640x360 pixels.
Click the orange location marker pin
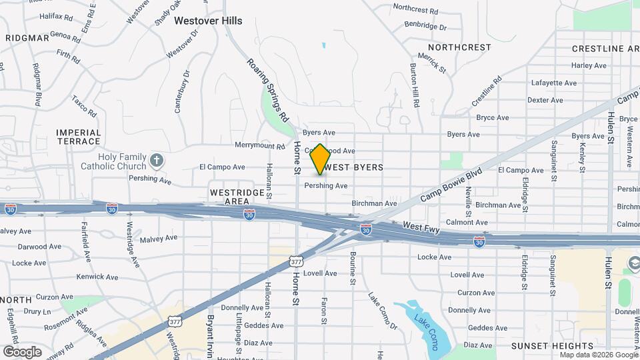click(320, 159)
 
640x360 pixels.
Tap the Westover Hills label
click(208, 21)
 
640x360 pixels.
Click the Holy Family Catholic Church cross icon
click(156, 160)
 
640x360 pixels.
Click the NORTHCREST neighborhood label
click(459, 47)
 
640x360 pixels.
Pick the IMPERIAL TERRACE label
click(79, 137)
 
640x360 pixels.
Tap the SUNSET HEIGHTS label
click(552, 346)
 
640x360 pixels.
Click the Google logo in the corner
click(22, 351)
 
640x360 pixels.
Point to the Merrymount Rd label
click(260, 145)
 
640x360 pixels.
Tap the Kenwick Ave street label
click(97, 277)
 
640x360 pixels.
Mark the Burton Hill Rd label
click(415, 87)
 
